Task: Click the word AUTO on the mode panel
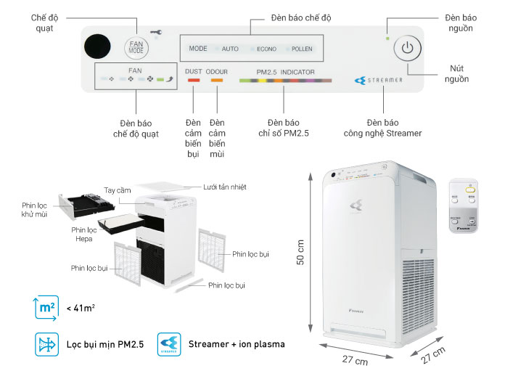click(x=230, y=49)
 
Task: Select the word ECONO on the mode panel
click(x=266, y=49)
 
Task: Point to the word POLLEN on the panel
click(x=302, y=49)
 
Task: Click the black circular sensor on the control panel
click(x=97, y=48)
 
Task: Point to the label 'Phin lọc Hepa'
click(x=84, y=234)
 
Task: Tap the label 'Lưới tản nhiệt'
click(x=224, y=187)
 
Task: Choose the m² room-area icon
click(x=46, y=308)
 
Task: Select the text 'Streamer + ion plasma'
click(x=236, y=344)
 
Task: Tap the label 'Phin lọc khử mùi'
click(x=36, y=210)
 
